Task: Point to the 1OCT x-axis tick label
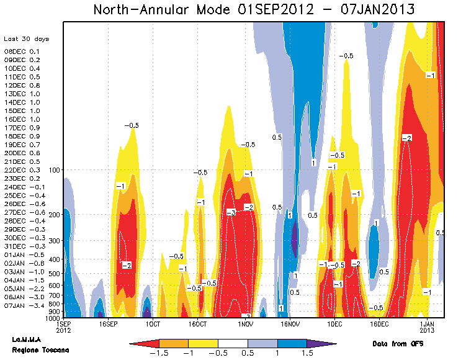pyautogui.click(x=152, y=324)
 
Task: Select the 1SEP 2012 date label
pyautogui.click(x=63, y=327)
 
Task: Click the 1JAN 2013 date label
pyautogui.click(x=428, y=327)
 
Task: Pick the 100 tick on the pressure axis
pyautogui.click(x=53, y=169)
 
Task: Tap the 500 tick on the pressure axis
pyautogui.click(x=53, y=274)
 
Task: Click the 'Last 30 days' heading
pyautogui.click(x=27, y=39)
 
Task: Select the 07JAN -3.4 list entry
pyautogui.click(x=23, y=305)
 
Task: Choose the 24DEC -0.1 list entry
pyautogui.click(x=24, y=187)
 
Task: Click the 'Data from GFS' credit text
pyautogui.click(x=398, y=343)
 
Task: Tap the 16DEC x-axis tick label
pyautogui.click(x=379, y=324)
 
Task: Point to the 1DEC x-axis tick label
pyautogui.click(x=334, y=324)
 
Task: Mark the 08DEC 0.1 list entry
pyautogui.click(x=22, y=52)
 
